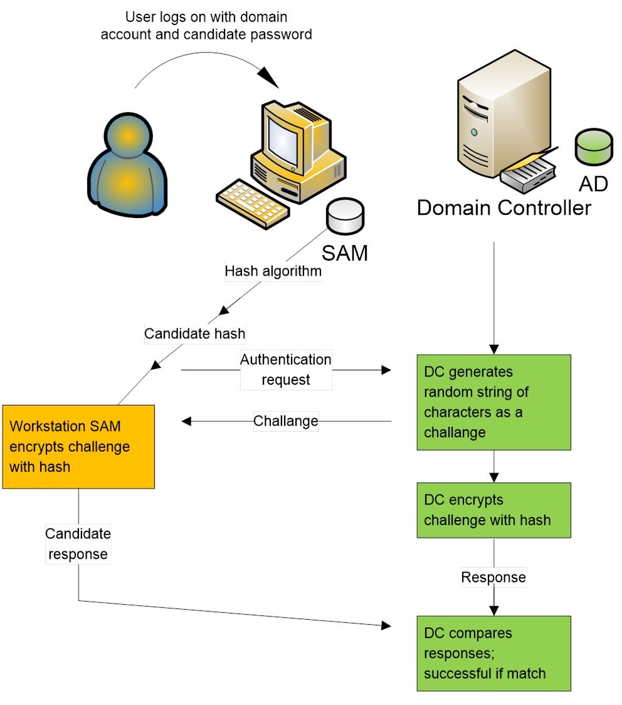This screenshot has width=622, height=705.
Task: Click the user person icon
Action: pos(128,165)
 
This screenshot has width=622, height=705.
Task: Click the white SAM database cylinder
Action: pos(344,216)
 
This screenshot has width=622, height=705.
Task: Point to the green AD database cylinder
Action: pos(593,148)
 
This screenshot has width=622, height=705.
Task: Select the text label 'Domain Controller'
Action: pos(503,207)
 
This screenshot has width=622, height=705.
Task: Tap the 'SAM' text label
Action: pos(344,253)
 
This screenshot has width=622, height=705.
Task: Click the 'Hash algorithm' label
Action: pos(273,271)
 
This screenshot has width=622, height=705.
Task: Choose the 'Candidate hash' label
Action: pos(194,333)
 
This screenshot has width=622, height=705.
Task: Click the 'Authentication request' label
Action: pos(285,370)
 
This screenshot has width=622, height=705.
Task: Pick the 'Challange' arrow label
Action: pos(285,421)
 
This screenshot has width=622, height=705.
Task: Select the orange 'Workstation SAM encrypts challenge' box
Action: pos(78,446)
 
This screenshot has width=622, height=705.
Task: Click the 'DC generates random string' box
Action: pos(493,402)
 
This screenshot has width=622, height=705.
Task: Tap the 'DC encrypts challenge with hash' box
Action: pos(493,510)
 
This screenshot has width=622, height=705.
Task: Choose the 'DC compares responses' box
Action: pos(493,653)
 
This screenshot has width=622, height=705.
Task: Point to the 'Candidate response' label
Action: pos(78,544)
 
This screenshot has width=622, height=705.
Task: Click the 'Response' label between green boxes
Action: pos(493,577)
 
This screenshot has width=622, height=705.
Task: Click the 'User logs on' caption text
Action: pos(206,26)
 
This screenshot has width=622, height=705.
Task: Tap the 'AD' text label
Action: pos(593,184)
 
